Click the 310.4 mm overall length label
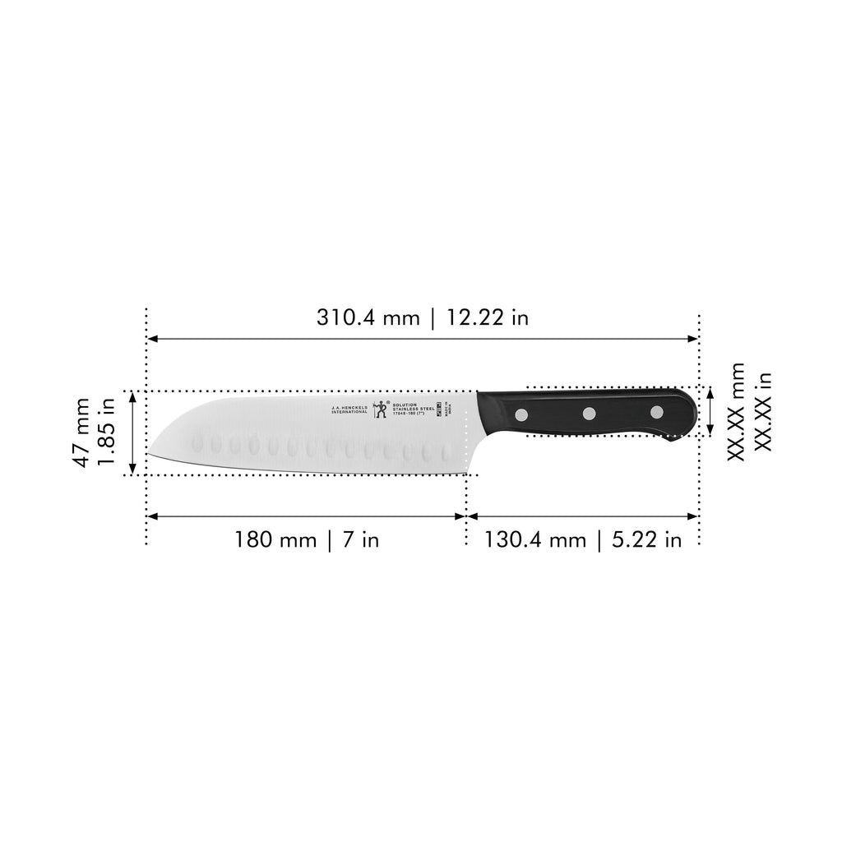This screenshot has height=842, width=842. point(368,317)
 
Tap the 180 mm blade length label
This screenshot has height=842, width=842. point(275,540)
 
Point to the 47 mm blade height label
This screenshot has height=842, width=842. point(81,433)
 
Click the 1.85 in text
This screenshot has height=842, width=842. point(107,433)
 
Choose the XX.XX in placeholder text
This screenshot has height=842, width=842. point(764,411)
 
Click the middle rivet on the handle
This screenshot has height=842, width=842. point(590,413)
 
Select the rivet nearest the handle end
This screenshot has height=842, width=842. point(656,411)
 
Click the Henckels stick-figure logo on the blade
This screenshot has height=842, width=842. point(380,409)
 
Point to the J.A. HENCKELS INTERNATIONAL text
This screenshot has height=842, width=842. point(349,409)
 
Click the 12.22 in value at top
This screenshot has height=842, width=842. point(488,317)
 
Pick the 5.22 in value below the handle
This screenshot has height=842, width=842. point(645,540)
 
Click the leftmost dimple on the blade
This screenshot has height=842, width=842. point(197,445)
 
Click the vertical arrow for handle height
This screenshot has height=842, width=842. point(710,411)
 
